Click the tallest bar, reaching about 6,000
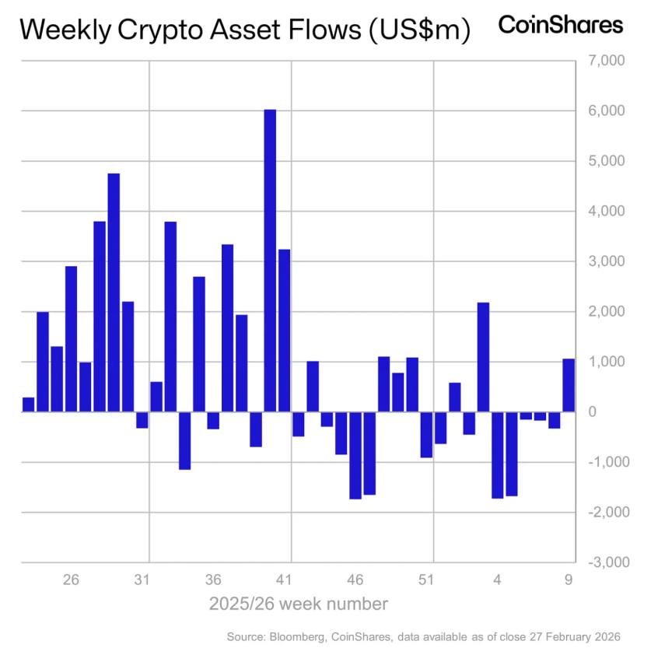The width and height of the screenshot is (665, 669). pos(270,261)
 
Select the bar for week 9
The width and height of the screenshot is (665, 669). pos(569,385)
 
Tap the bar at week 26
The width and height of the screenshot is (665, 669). pos(71,339)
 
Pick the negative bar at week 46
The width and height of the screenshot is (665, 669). pos(355,455)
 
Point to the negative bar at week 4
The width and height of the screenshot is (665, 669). pos(497,454)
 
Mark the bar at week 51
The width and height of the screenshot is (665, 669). pos(426,435)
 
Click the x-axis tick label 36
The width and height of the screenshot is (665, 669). pos(213,580)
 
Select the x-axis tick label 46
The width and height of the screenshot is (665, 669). pos(355,580)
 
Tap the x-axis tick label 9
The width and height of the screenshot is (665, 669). pos(569,580)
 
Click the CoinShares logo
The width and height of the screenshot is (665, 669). pos(560,25)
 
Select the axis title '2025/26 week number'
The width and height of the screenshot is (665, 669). pos(298,604)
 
